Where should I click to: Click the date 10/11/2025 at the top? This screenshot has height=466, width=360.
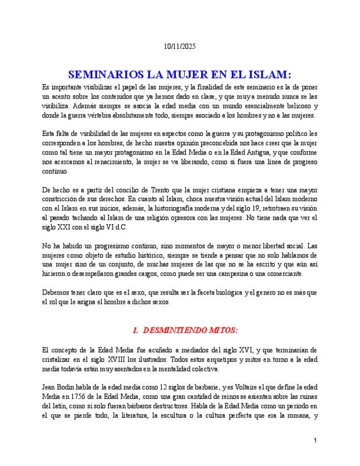pyautogui.click(x=180, y=47)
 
